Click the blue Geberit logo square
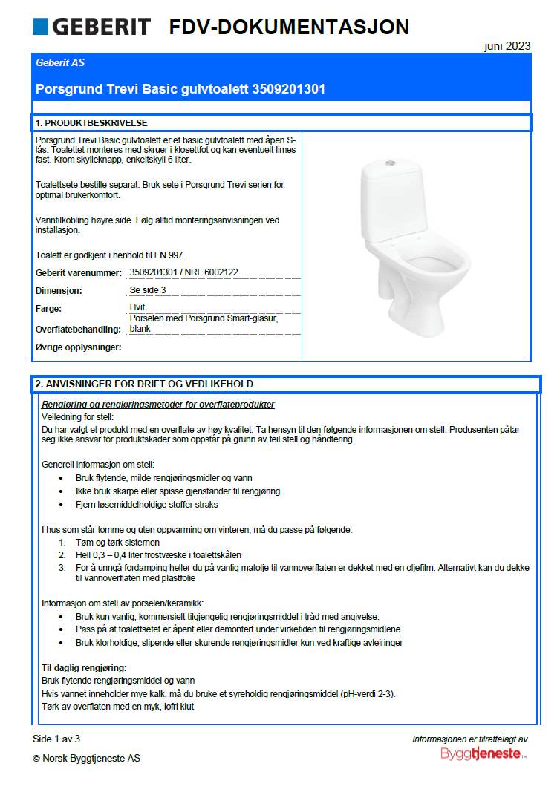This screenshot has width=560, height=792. (x=40, y=27)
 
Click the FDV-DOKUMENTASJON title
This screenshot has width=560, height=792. (x=289, y=27)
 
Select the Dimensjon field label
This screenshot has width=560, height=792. (x=59, y=291)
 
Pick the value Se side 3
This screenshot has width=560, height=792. (x=148, y=290)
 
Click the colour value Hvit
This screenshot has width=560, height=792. (x=137, y=307)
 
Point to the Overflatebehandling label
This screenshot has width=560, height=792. (x=78, y=329)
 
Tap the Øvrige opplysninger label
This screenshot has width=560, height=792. (x=78, y=347)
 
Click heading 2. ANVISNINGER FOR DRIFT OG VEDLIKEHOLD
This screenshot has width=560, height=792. (x=144, y=384)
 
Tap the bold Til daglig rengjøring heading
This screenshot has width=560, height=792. (x=84, y=668)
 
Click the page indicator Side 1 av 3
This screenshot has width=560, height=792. (x=56, y=739)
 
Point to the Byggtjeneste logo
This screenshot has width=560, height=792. (x=484, y=753)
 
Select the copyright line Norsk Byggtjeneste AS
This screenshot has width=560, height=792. (x=86, y=759)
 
